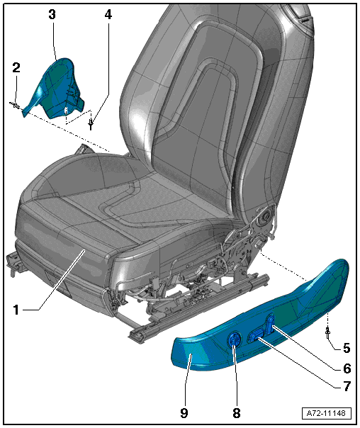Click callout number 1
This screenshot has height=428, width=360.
pyautogui.click(x=16, y=310)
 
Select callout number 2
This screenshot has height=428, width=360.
pyautogui.click(x=16, y=67)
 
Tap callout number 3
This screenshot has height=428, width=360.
pyautogui.click(x=52, y=14)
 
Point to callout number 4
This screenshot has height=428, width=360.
pyautogui.click(x=108, y=14)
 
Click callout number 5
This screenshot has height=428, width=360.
pyautogui.click(x=347, y=348)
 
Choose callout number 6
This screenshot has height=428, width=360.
pyautogui.click(x=347, y=368)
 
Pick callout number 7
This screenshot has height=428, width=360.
pyautogui.click(x=347, y=386)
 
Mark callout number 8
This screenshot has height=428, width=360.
pyautogui.click(x=237, y=413)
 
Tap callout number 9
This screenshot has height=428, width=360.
pyautogui.click(x=184, y=413)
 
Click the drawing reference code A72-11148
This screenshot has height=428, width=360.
pyautogui.click(x=326, y=413)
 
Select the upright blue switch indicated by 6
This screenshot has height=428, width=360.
pyautogui.click(x=270, y=324)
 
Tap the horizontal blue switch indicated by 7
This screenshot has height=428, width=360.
pyautogui.click(x=255, y=336)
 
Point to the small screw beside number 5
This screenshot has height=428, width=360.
pyautogui.click(x=327, y=333)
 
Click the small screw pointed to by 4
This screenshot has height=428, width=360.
pyautogui.click(x=91, y=123)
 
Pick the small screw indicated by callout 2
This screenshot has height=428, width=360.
pyautogui.click(x=15, y=105)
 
